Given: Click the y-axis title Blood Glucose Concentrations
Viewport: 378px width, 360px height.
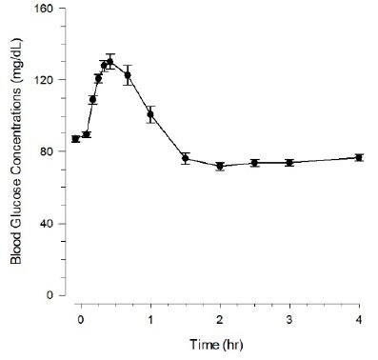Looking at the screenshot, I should [16, 151].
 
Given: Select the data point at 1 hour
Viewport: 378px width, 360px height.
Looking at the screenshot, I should [150, 114].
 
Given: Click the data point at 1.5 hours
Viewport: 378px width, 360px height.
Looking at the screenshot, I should [186, 157].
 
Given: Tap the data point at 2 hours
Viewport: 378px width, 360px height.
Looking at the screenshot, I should [220, 166].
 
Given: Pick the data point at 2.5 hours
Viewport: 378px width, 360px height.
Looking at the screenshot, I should [254, 163].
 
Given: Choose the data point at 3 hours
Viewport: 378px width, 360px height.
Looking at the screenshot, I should [289, 163].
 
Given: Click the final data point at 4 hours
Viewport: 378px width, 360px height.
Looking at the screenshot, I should [359, 157].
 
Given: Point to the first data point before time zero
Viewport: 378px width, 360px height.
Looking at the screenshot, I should [75, 139].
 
